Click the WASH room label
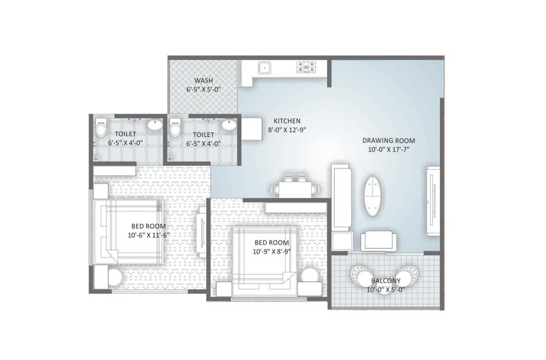(204, 80)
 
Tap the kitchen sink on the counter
(263, 66)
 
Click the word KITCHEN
(286, 121)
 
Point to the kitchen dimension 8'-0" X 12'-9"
(286, 129)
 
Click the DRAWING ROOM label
(389, 140)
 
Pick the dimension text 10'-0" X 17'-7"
(389, 150)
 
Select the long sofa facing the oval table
(340, 196)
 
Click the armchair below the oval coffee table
(378, 241)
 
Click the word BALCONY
(385, 281)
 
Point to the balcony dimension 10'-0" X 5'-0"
(385, 290)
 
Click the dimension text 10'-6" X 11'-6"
(148, 235)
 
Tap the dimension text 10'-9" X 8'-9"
(272, 251)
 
